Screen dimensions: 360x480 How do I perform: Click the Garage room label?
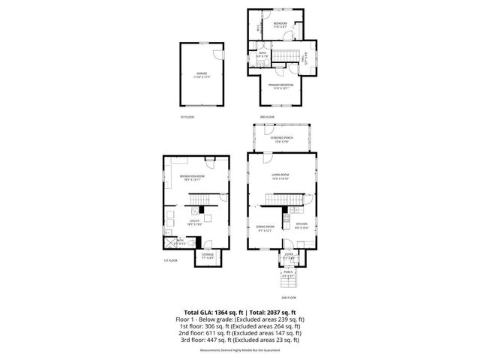202,74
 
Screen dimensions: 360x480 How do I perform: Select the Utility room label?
194,221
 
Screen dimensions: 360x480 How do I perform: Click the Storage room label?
208,255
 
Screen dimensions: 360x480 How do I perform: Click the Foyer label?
288,256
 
